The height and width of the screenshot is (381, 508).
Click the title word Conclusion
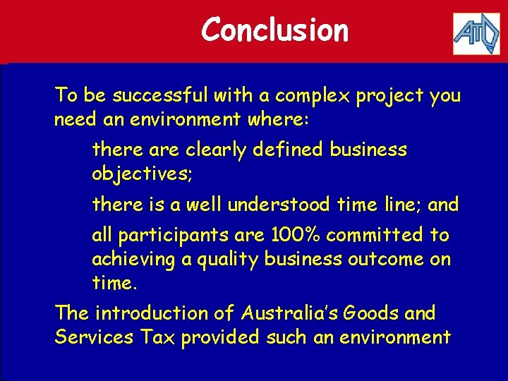point(274,30)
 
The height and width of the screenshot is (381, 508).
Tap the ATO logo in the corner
point(476,32)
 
